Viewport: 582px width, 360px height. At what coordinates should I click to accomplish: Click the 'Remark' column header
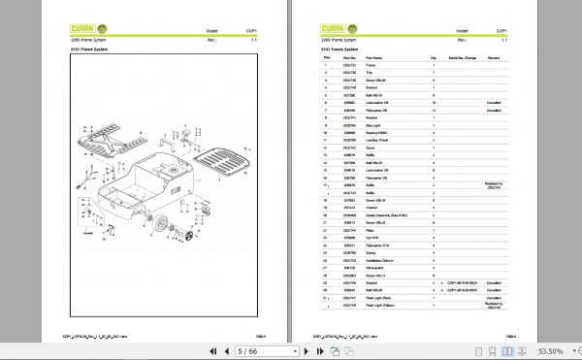493,58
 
